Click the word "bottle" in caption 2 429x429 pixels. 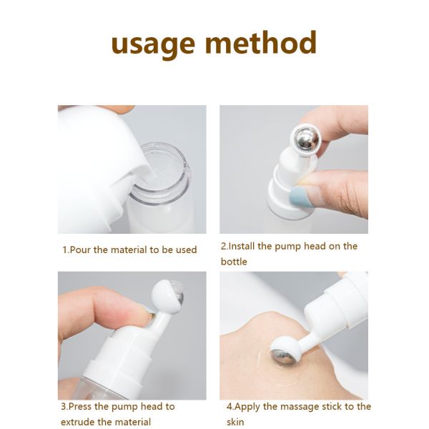234,262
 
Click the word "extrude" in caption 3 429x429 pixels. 80,422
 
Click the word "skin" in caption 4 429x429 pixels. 235,422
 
